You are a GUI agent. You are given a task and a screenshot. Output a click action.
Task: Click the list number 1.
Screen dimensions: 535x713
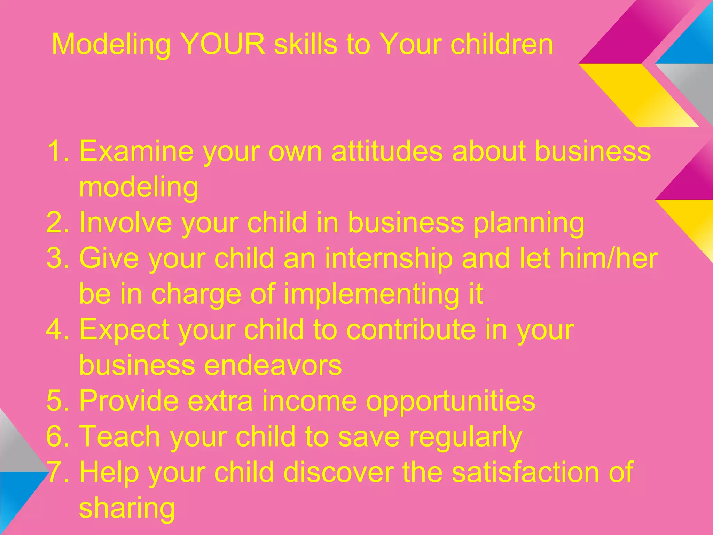(56, 151)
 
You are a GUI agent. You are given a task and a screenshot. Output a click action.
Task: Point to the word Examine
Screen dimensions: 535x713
(136, 151)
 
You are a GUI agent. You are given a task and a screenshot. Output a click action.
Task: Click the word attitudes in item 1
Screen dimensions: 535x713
(387, 151)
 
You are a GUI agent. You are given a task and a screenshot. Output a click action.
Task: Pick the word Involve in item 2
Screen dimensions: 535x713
(125, 223)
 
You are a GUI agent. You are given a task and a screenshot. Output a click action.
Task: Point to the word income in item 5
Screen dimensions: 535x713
(310, 401)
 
